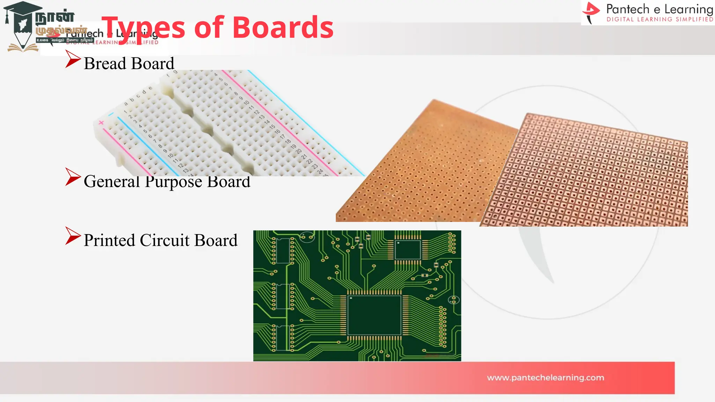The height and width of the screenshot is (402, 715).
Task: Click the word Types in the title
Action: click(x=143, y=28)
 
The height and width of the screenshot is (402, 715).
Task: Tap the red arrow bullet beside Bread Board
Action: click(x=73, y=59)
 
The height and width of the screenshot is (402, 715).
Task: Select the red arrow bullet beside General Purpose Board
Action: click(x=73, y=177)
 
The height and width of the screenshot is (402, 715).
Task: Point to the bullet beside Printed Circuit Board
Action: click(x=73, y=236)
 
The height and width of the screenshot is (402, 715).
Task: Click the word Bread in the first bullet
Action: click(x=105, y=64)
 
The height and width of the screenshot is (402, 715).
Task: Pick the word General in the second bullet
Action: click(x=112, y=181)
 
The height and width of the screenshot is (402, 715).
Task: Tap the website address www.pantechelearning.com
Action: click(x=545, y=378)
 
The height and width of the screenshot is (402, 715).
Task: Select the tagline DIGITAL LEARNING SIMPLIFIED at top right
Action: click(x=660, y=20)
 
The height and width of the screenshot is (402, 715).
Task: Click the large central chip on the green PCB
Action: click(x=374, y=315)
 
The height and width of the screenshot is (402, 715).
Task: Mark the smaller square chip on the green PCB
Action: click(x=407, y=250)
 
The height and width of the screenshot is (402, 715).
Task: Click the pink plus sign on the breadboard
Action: click(x=101, y=122)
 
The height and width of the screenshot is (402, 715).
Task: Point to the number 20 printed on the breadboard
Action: click(x=298, y=151)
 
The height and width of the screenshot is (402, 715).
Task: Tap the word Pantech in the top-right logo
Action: click(x=628, y=9)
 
